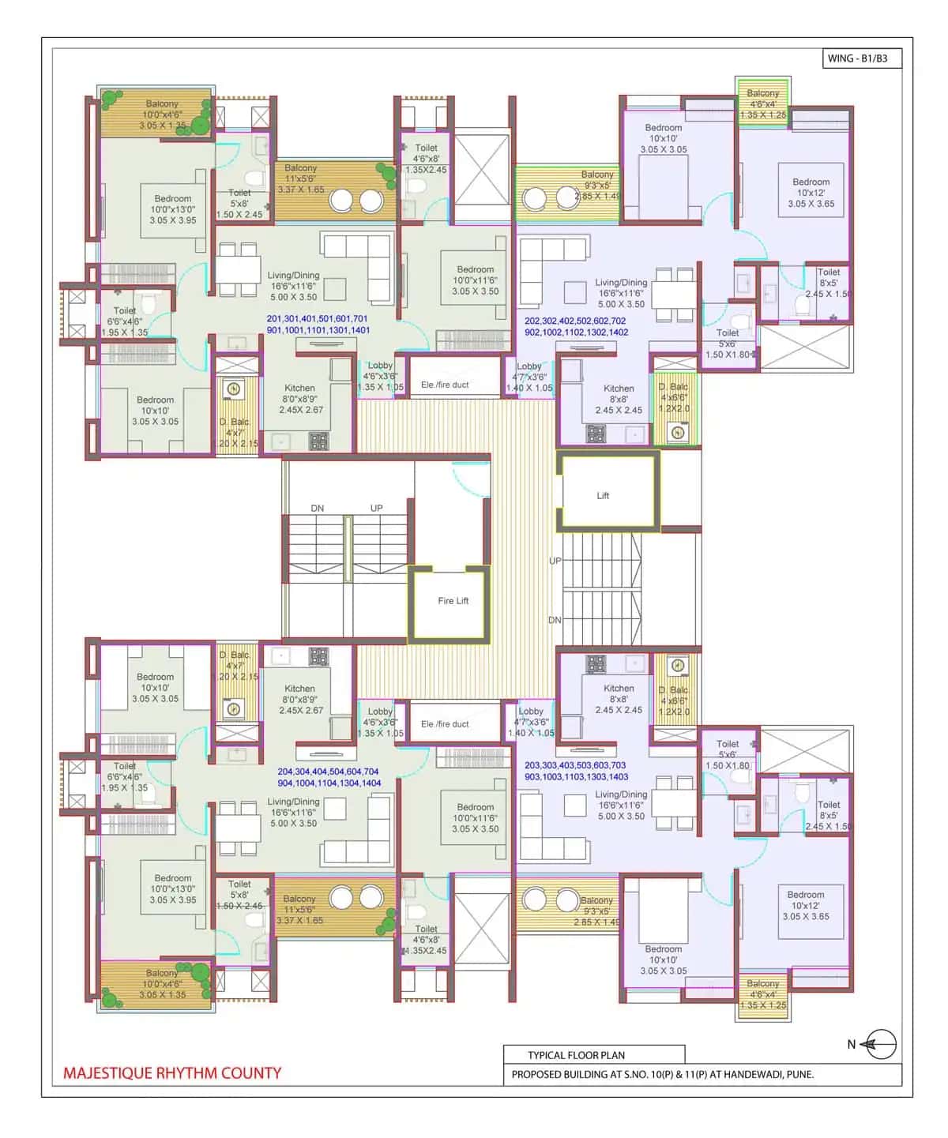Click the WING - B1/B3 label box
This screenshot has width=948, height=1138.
pyautogui.click(x=860, y=58)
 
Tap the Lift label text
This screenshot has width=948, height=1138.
pyautogui.click(x=603, y=496)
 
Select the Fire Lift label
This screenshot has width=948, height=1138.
pyautogui.click(x=453, y=601)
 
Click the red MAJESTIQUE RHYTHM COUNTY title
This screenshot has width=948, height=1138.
pyautogui.click(x=172, y=1073)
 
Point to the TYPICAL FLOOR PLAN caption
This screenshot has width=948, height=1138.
pyautogui.click(x=576, y=1055)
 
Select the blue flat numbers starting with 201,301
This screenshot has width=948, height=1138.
pyautogui.click(x=318, y=325)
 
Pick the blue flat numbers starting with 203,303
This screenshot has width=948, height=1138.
pyautogui.click(x=576, y=771)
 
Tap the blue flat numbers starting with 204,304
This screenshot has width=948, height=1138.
pyautogui.click(x=329, y=777)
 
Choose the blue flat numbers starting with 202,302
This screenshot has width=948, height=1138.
pyautogui.click(x=576, y=327)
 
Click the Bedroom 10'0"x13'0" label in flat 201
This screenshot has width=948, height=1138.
pyautogui.click(x=173, y=209)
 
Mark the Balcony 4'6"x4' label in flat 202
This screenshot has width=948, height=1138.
pyautogui.click(x=762, y=103)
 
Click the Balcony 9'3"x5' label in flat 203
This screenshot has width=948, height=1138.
pyautogui.click(x=597, y=911)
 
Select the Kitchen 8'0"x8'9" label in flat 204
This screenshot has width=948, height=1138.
pyautogui.click(x=300, y=699)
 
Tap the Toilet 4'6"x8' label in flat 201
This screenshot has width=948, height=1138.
pyautogui.click(x=426, y=159)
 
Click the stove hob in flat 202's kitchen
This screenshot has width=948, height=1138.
pyautogui.click(x=596, y=434)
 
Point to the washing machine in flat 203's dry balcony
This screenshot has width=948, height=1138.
pyautogui.click(x=677, y=666)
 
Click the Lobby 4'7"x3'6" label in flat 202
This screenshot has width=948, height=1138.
pyautogui.click(x=529, y=377)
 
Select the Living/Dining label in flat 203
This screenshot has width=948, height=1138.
pyautogui.click(x=621, y=805)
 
